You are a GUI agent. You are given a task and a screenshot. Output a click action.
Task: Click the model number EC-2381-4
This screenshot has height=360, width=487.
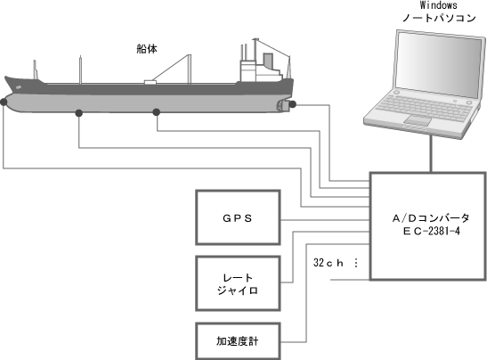[x=432, y=232]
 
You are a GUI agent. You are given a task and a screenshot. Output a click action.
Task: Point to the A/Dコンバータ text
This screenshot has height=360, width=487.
[x=431, y=218]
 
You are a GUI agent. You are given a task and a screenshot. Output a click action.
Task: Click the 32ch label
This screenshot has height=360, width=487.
[x=329, y=263]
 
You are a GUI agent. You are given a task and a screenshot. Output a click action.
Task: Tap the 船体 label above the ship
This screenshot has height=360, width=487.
[x=147, y=49]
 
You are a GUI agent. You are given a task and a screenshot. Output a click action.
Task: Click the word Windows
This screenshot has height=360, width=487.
[x=439, y=5]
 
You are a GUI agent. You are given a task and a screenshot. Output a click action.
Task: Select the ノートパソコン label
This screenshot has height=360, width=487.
[x=439, y=18]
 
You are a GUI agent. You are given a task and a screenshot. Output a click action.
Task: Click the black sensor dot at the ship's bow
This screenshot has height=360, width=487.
[x=4, y=102]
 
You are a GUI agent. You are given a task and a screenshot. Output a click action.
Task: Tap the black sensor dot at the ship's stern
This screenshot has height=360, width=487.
[x=293, y=104]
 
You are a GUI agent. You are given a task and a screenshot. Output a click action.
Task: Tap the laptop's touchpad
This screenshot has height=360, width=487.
[x=418, y=119]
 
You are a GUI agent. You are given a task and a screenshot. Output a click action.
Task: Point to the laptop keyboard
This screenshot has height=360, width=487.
[x=425, y=107]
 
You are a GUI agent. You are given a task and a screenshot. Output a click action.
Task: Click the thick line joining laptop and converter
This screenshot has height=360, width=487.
[x=431, y=153]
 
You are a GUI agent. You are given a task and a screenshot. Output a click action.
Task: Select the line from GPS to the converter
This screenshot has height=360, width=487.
[x=325, y=220]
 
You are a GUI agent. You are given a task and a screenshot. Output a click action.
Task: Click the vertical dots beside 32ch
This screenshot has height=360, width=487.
[x=356, y=263]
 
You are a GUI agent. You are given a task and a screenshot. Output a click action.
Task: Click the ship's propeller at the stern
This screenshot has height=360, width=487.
[x=282, y=106]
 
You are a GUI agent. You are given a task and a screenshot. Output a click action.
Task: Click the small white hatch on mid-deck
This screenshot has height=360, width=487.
[x=150, y=82]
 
